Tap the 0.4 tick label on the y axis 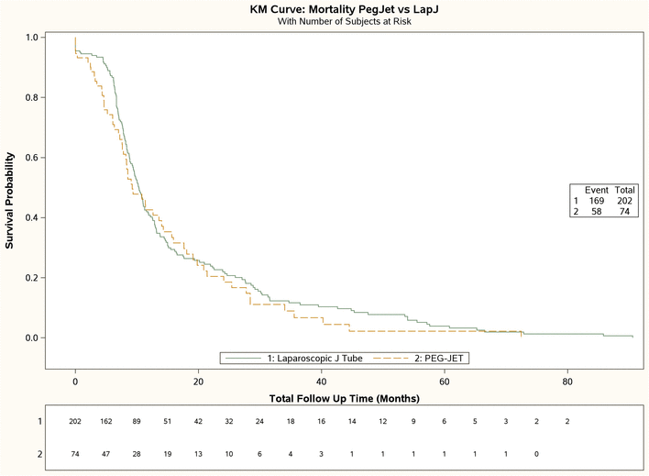(x=31, y=217)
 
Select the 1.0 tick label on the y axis (x=31, y=38)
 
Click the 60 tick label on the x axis (x=444, y=382)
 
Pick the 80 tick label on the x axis (x=567, y=382)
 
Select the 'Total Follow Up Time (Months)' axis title (x=346, y=399)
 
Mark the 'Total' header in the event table (x=625, y=190)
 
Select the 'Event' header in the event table (x=597, y=190)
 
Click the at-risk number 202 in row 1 (x=76, y=421)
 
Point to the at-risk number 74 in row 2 (x=76, y=453)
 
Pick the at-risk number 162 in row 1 (x=106, y=421)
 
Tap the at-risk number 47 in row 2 (x=106, y=453)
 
